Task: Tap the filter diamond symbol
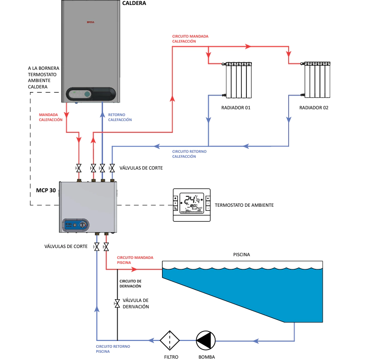click(x=170, y=340)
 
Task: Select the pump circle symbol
click(x=206, y=340)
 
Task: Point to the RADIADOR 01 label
click(x=236, y=108)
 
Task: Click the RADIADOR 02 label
click(x=314, y=108)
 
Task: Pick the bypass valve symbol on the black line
click(x=117, y=303)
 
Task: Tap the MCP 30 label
click(x=46, y=190)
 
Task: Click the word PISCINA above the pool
click(x=242, y=255)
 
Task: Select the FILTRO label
click(x=171, y=356)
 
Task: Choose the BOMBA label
click(x=206, y=356)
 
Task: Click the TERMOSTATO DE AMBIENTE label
click(x=244, y=205)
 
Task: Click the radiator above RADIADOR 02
click(x=317, y=80)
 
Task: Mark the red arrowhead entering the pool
click(x=134, y=269)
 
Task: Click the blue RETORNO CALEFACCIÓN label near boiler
click(x=120, y=117)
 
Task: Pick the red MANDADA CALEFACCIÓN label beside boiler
click(x=50, y=117)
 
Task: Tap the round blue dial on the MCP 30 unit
click(x=83, y=224)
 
